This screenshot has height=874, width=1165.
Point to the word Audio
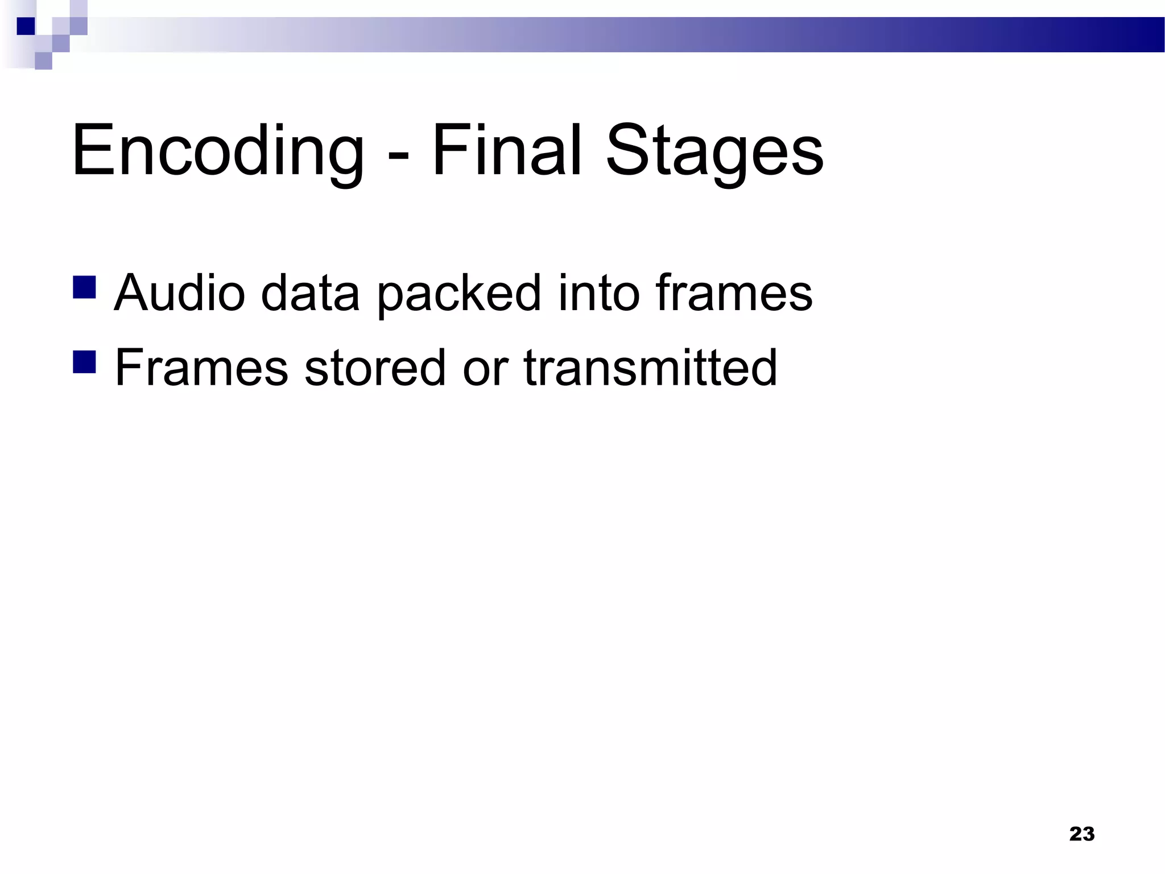(179, 292)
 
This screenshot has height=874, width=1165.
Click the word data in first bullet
(310, 292)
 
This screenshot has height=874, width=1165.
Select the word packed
(458, 294)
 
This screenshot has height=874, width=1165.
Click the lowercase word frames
(734, 292)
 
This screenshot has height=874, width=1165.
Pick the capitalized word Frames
(202, 368)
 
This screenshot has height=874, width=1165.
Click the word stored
(375, 368)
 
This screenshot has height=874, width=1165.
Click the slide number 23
(1081, 834)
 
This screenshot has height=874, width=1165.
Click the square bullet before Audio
(84, 287)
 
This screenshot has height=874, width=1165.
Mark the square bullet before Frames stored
(84, 362)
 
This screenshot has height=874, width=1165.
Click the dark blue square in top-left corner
(26, 26)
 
